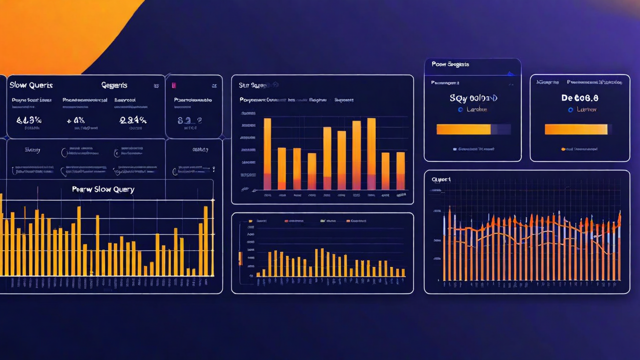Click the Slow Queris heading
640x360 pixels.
click(31, 85)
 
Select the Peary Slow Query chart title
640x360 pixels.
click(103, 189)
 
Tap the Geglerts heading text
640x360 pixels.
click(114, 85)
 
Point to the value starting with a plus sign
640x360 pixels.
click(75, 120)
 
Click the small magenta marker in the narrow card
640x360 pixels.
click(173, 85)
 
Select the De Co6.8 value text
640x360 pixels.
click(580, 98)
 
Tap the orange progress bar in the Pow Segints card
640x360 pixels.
click(463, 129)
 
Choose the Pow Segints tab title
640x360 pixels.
click(450, 64)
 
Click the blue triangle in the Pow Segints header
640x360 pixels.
click(510, 74)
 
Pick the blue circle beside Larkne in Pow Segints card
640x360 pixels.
click(460, 109)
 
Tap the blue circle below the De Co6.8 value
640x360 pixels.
click(570, 109)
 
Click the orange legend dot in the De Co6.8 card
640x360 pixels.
click(563, 149)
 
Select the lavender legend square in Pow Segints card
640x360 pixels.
click(454, 149)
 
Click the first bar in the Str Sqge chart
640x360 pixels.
click(267, 154)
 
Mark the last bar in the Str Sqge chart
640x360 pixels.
click(400, 170)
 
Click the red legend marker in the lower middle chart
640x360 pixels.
click(286, 220)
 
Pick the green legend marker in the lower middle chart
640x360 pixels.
click(322, 220)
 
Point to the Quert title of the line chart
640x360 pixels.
click(441, 179)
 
